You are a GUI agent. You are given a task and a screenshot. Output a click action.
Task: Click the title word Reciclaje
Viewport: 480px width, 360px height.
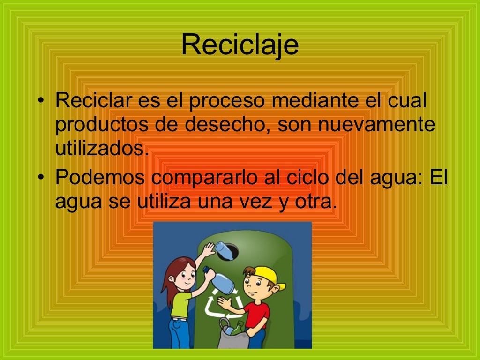point(240,45)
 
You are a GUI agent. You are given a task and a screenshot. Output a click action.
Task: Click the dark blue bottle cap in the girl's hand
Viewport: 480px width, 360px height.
point(205,270)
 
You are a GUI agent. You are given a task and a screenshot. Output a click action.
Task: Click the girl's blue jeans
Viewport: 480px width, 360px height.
point(179,333)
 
